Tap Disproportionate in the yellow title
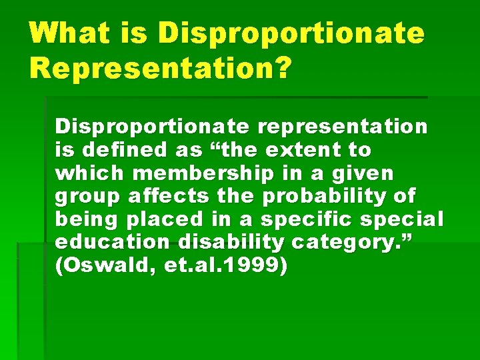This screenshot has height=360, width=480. [x=291, y=33]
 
